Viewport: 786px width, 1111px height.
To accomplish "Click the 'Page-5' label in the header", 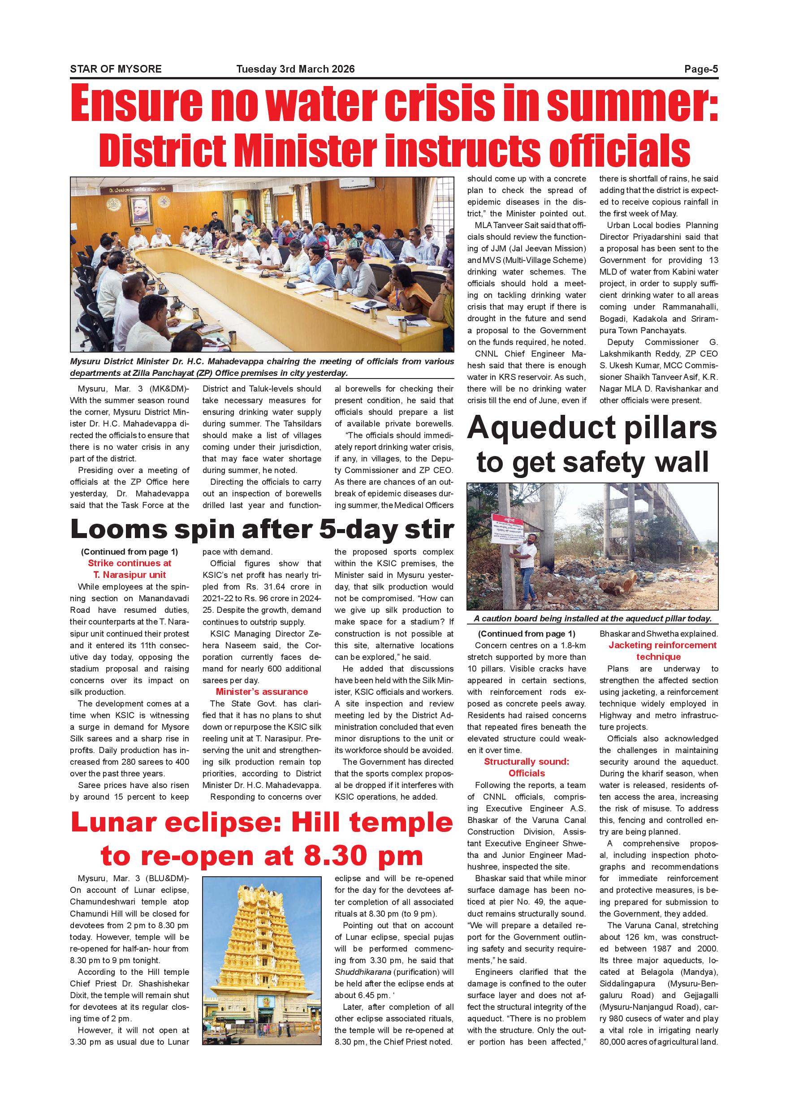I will (701, 69).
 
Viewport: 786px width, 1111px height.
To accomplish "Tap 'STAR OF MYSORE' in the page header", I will (116, 69).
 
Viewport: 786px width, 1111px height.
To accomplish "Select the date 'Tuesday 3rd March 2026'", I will (295, 69).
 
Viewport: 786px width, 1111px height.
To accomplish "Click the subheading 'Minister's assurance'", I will (262, 692).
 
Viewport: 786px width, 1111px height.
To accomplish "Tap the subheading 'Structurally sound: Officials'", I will (527, 767).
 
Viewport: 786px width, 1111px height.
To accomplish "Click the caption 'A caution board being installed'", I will (592, 618).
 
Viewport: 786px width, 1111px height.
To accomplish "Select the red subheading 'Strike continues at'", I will (129, 563).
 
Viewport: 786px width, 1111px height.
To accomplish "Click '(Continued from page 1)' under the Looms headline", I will (129, 551).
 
